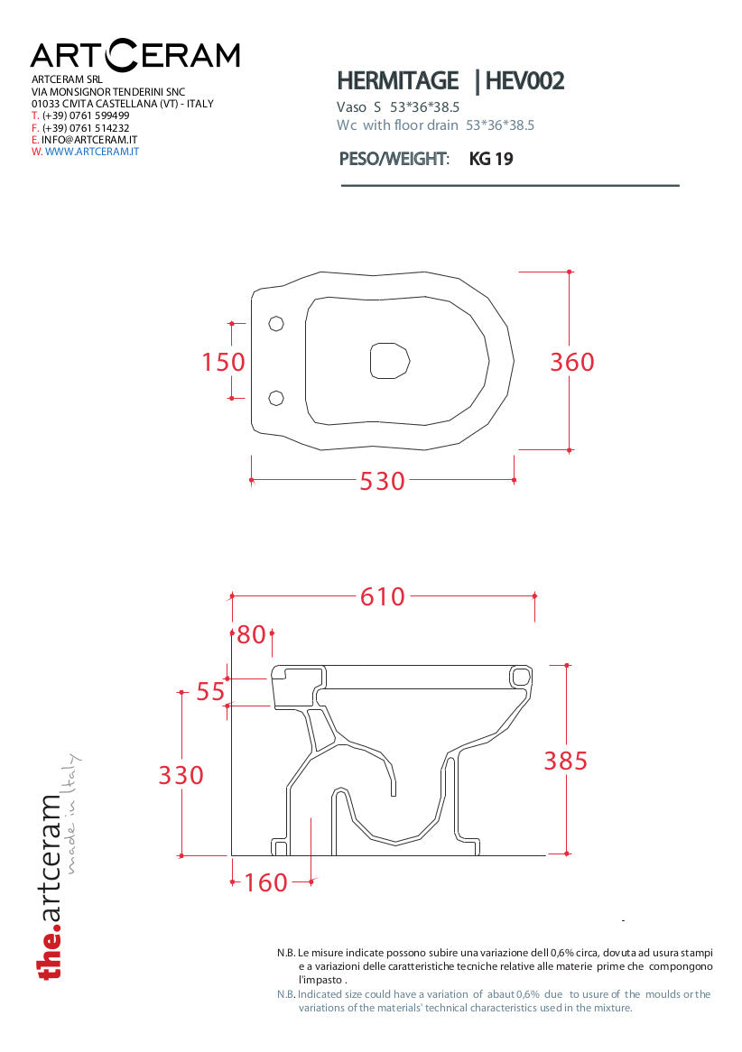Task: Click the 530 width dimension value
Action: click(x=382, y=481)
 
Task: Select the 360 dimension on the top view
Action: click(x=572, y=363)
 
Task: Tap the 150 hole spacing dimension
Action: click(x=224, y=363)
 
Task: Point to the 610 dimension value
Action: click(x=383, y=596)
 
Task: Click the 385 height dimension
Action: click(x=565, y=761)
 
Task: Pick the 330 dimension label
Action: click(x=181, y=776)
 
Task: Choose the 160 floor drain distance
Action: click(x=266, y=883)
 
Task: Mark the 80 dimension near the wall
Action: click(x=252, y=634)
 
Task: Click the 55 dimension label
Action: click(x=210, y=692)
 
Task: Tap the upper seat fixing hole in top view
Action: click(x=276, y=323)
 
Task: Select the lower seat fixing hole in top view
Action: click(x=276, y=399)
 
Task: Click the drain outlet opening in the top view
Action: click(x=390, y=360)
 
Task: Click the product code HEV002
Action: click(x=524, y=81)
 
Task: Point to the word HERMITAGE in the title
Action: click(x=397, y=81)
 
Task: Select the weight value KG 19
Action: click(x=491, y=159)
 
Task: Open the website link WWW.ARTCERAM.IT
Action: click(x=92, y=152)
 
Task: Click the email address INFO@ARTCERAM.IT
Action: click(x=89, y=140)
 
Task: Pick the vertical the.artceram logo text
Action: click(x=51, y=887)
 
